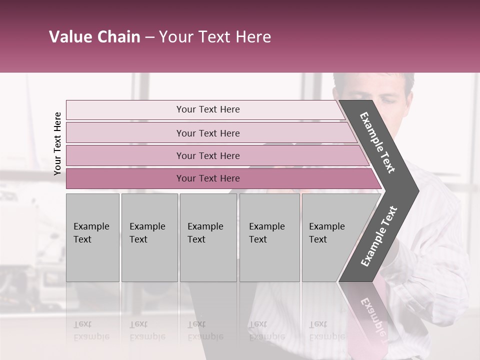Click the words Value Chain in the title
tap(94, 37)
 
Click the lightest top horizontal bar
tap(125, 110)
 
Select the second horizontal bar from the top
tap(125, 133)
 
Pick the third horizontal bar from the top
tap(125, 156)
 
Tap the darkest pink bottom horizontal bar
tap(125, 178)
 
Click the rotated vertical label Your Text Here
tap(57, 143)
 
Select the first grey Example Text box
tap(92, 237)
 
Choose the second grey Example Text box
tap(149, 237)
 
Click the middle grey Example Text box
tap(208, 237)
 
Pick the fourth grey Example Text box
tap(269, 237)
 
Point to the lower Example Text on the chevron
tap(379, 236)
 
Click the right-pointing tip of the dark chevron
tap(415, 190)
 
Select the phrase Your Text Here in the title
tap(215, 37)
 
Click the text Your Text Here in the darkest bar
tap(208, 178)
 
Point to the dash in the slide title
tap(149, 37)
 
